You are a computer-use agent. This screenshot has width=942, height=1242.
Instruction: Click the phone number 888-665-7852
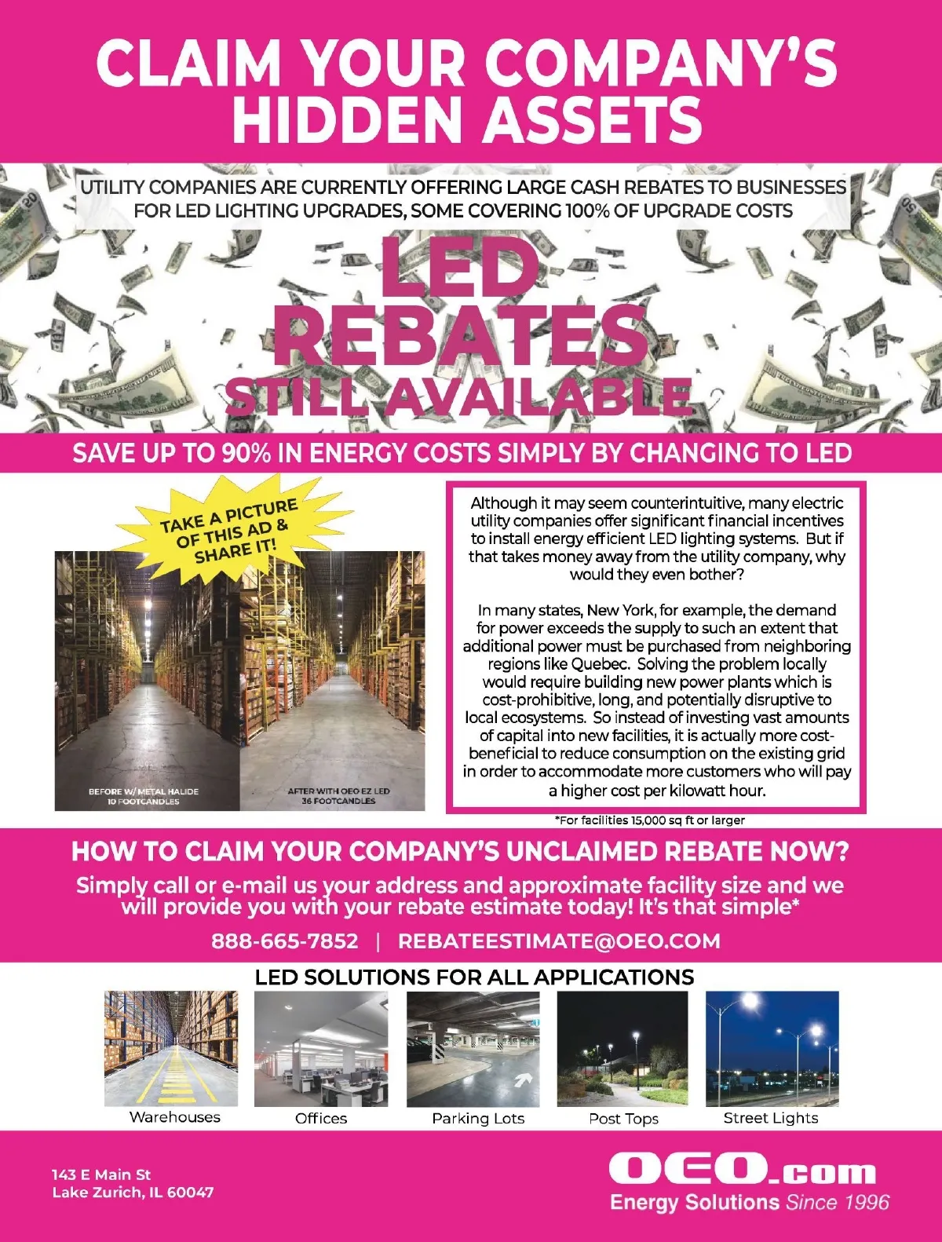[284, 941]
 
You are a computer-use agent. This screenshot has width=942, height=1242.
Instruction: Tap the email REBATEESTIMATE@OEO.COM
[559, 941]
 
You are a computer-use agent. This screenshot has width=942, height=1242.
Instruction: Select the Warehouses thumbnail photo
[171, 1048]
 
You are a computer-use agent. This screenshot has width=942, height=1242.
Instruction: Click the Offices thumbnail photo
[321, 1048]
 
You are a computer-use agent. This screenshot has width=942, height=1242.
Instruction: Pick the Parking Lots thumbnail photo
[473, 1048]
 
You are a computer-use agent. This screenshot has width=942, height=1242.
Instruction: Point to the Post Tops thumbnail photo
[623, 1048]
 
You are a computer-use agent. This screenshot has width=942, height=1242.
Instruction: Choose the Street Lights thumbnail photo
[772, 1048]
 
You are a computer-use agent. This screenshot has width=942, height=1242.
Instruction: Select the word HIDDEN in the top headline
[349, 119]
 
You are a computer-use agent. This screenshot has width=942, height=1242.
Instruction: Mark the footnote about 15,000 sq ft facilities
[650, 820]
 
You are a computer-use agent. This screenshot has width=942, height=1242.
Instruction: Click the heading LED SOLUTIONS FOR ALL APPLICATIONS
[474, 977]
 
